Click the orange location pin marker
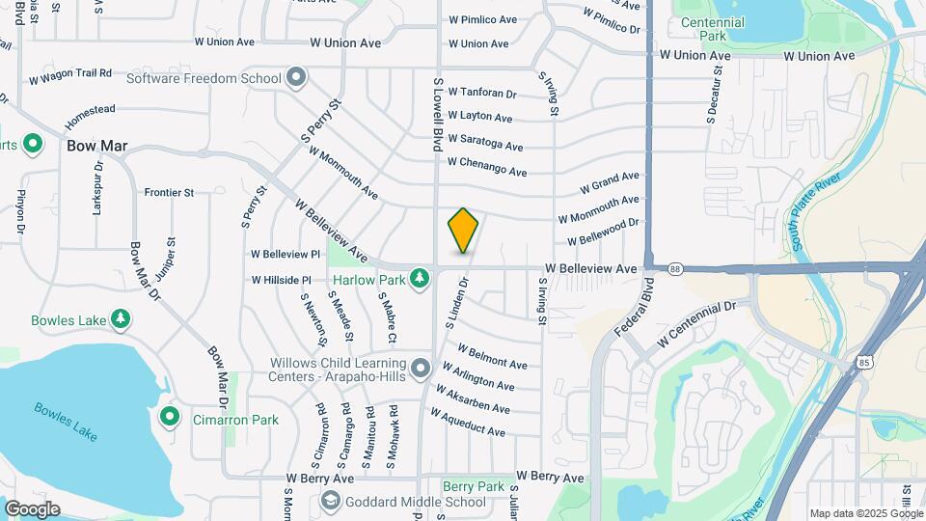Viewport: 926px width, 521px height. (x=463, y=231)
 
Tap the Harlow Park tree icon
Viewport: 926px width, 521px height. (x=419, y=279)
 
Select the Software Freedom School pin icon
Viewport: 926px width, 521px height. (x=296, y=76)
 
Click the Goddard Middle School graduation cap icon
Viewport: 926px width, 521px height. (x=330, y=501)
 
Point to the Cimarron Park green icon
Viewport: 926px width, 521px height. (x=170, y=418)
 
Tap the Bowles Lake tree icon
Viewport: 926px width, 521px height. (x=120, y=318)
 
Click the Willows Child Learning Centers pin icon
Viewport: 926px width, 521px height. (x=420, y=369)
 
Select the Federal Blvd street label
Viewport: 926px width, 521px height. (x=633, y=308)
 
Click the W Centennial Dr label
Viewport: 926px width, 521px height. (x=696, y=323)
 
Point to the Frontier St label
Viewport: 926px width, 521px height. (x=169, y=192)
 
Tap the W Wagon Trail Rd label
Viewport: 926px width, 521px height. (x=70, y=75)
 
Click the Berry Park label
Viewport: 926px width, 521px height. (x=474, y=486)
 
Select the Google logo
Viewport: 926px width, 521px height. (x=32, y=509)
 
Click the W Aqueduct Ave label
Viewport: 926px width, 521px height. (x=468, y=423)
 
